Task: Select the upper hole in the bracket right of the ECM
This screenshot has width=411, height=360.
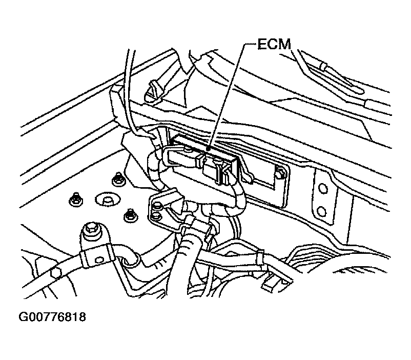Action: pos(321,188)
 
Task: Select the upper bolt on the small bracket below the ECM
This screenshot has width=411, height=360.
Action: pos(157,206)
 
